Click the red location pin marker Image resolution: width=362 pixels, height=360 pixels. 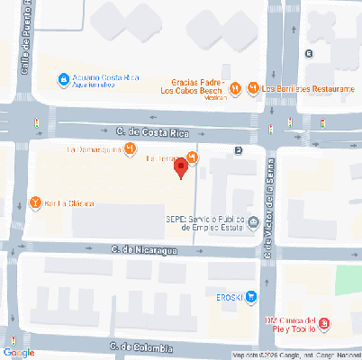(x=180, y=166)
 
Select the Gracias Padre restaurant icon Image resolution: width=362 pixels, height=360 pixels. (x=235, y=88)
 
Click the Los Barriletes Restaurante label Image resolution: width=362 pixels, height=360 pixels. (x=308, y=88)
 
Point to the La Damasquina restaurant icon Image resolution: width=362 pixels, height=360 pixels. (x=131, y=148)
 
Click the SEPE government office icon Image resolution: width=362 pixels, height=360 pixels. (x=254, y=222)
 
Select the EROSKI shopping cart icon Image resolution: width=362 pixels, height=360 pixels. (x=252, y=295)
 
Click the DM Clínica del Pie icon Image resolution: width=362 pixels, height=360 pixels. (x=324, y=324)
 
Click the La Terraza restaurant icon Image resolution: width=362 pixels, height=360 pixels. (x=193, y=157)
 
